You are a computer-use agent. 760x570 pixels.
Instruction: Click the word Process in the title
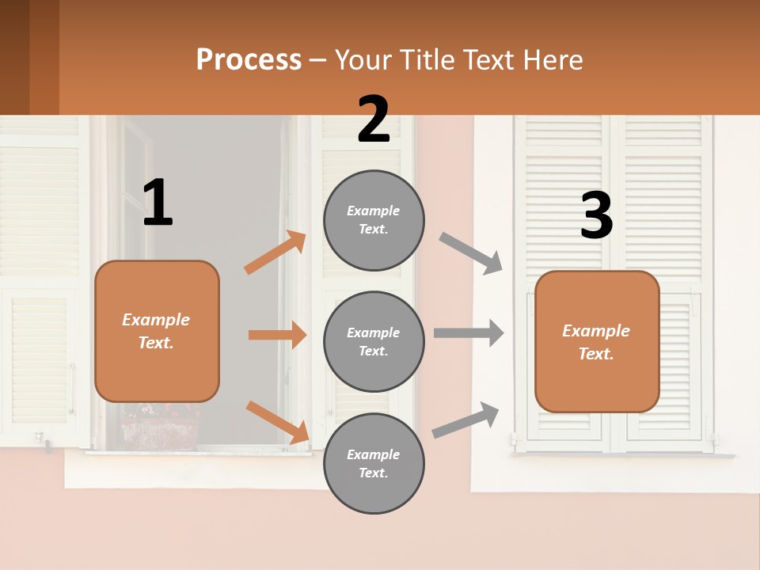coord(249,60)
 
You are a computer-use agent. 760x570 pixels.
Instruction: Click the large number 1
coord(158,203)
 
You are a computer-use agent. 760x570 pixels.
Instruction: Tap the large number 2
coord(374,120)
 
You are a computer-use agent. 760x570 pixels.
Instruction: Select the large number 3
coord(596,216)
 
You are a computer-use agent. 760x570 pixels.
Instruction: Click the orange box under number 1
coord(157,331)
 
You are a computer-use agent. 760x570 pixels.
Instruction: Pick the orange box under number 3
coord(597,342)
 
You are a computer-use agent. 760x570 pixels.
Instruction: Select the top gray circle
coord(374,220)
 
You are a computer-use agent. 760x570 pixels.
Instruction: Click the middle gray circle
coord(374,342)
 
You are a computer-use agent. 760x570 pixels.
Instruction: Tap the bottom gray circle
coord(374,464)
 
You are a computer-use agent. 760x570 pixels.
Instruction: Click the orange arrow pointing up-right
coord(275,253)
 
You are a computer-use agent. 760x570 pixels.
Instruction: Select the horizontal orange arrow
coord(277,335)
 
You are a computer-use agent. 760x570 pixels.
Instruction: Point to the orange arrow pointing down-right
coord(277,421)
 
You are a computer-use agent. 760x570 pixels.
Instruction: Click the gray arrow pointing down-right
coord(470,253)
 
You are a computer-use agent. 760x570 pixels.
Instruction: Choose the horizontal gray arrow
coord(468,332)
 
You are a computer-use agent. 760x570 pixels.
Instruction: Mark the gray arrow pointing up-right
coord(465,420)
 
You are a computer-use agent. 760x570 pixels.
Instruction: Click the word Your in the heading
coord(365,60)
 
